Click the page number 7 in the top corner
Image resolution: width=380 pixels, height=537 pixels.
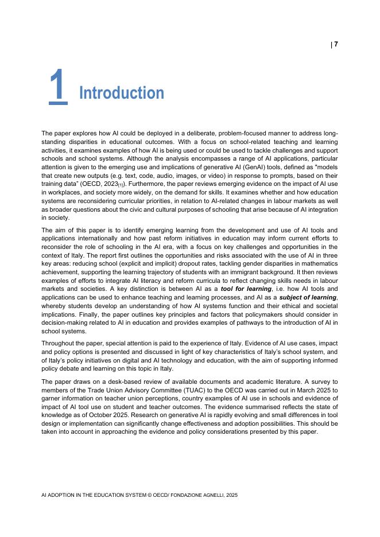(x=336, y=44)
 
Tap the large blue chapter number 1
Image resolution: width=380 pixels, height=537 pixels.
(x=57, y=87)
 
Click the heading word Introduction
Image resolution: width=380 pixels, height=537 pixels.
(x=121, y=93)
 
